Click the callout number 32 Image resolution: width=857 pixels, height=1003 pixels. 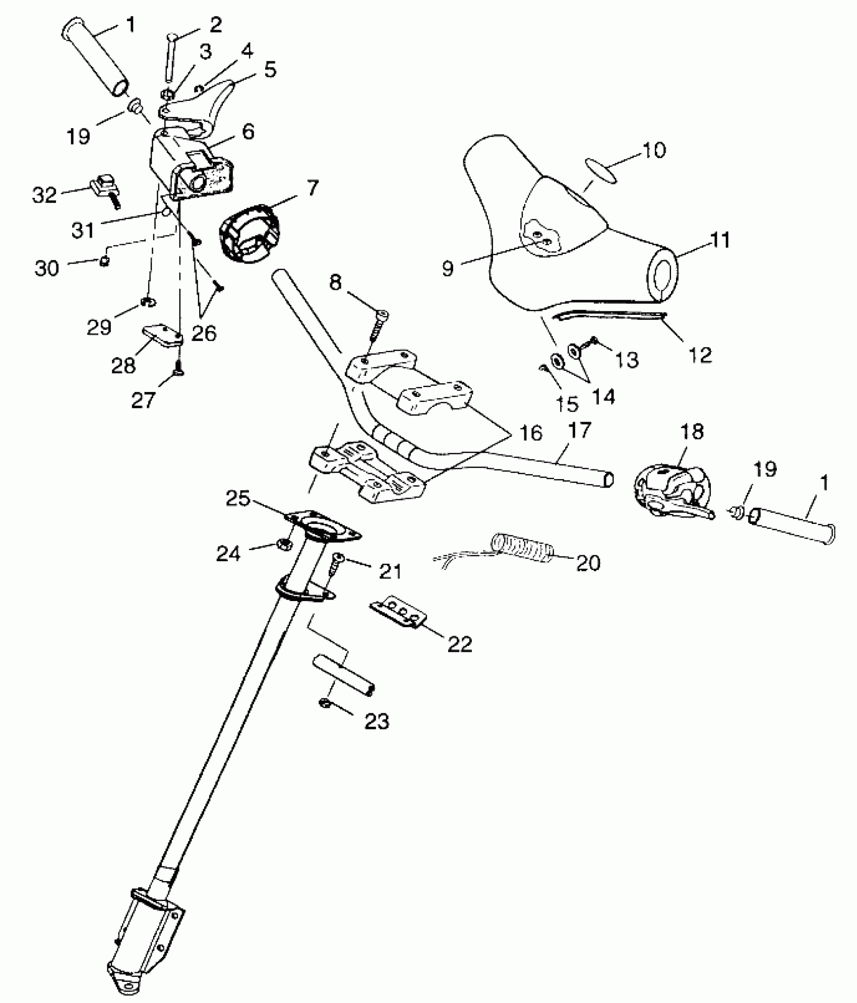click(44, 195)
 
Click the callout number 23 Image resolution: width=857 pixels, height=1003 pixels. click(377, 722)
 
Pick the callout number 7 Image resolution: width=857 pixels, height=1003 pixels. click(312, 188)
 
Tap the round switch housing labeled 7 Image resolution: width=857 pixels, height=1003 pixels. click(249, 233)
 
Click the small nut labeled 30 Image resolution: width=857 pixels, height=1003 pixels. click(104, 261)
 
